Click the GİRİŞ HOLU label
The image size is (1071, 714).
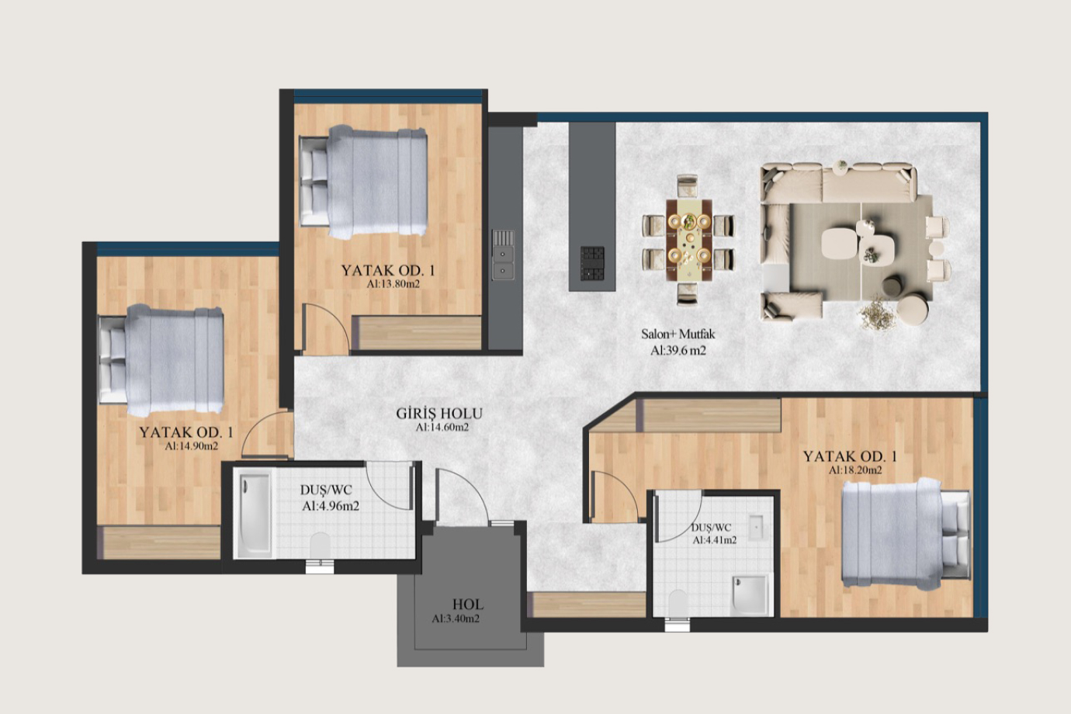pos(439,413)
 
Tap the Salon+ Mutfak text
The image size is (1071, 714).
pos(678,334)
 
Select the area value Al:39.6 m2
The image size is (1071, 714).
pos(678,351)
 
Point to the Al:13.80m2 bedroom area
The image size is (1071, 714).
pos(393,284)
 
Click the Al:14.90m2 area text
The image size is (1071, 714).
pos(191,446)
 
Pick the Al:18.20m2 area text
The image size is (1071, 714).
pos(855,470)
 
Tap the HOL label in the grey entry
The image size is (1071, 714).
pos(468,605)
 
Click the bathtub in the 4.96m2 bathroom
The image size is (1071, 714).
pos(254,514)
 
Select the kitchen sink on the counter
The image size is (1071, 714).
pos(503,255)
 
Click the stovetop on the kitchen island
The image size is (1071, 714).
pos(592,264)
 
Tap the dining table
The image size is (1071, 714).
pos(689,240)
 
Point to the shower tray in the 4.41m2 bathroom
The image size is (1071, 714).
pos(750,595)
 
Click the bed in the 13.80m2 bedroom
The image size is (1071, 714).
pos(363,182)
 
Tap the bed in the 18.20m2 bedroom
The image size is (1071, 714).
pos(906,534)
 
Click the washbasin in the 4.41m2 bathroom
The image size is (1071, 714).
pos(755,528)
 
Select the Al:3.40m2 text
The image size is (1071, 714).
pos(456,619)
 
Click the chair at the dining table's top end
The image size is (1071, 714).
pos(687,186)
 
